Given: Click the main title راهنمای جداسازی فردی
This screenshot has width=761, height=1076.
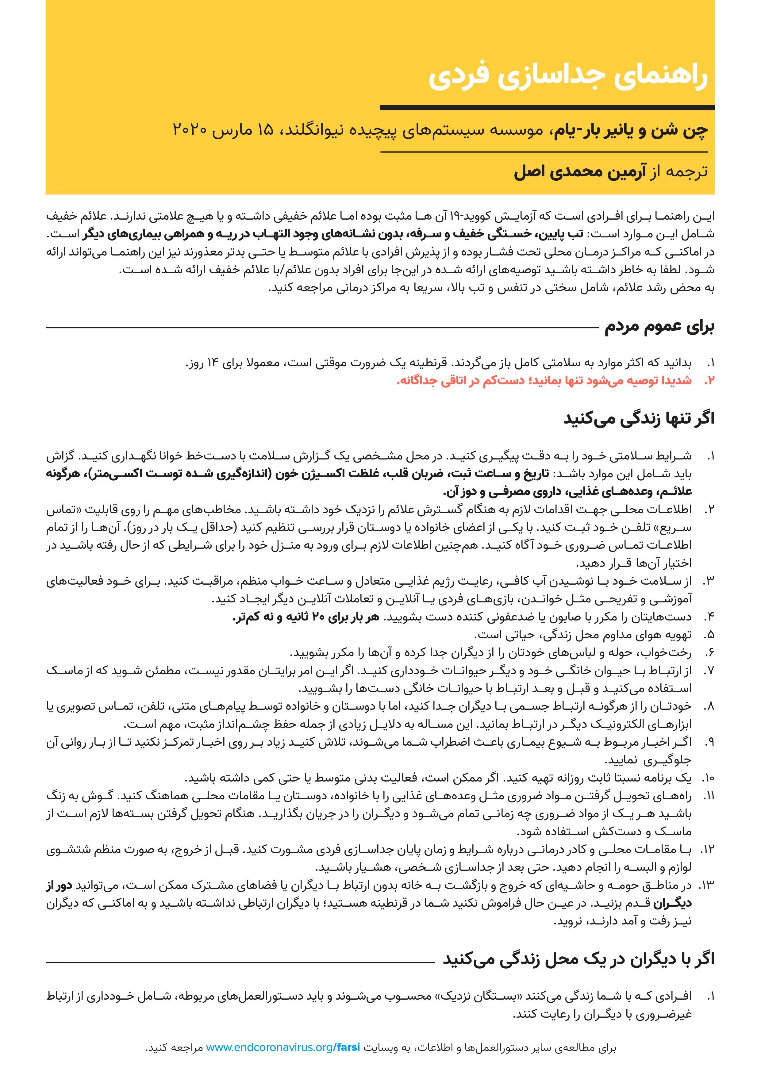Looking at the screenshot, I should click(568, 78).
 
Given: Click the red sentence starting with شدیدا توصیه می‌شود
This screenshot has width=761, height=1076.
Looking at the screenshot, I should click(544, 380).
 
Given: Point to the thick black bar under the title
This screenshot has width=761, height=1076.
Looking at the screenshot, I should click(547, 108).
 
